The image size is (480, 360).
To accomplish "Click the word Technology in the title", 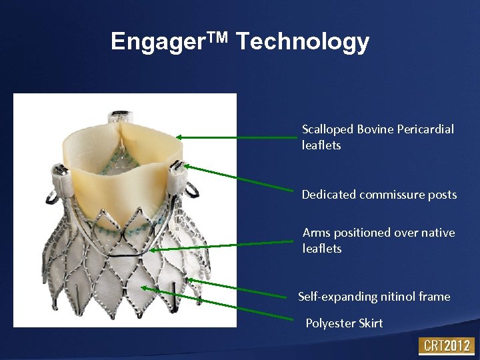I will [x=303, y=42].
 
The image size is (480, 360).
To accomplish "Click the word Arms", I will [x=317, y=233].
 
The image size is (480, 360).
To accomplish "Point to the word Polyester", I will [x=331, y=323].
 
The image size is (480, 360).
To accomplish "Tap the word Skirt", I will [x=371, y=323].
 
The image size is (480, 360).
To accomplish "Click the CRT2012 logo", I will [x=445, y=346].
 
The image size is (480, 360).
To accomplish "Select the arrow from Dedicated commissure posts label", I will [x=240, y=178].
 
